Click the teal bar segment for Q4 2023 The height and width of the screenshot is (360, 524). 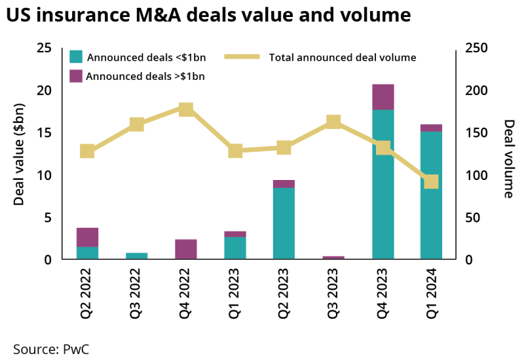click(x=383, y=185)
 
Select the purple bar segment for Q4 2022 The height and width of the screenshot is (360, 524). click(x=186, y=249)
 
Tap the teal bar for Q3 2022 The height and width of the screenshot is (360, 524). click(x=137, y=256)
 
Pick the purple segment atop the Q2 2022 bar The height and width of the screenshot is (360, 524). click(x=87, y=238)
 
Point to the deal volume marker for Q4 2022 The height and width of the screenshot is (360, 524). click(x=186, y=109)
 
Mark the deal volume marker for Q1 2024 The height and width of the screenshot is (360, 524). click(x=431, y=181)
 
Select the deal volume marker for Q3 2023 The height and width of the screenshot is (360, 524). click(x=333, y=122)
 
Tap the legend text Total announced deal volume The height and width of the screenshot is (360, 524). click(x=343, y=58)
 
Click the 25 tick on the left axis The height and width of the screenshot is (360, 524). click(x=43, y=48)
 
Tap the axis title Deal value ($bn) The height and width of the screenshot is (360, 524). click(x=19, y=154)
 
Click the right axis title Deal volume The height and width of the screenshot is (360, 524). click(x=509, y=158)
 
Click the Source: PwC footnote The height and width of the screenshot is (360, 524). click(x=51, y=348)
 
